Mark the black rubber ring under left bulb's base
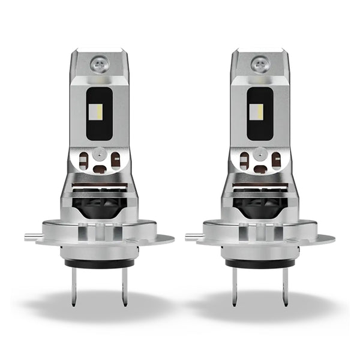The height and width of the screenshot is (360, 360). (x=99, y=263)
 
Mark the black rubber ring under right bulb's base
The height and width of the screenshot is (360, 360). (x=260, y=263)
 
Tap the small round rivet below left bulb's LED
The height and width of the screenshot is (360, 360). (x=99, y=154)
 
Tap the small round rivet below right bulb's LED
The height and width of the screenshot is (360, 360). (x=261, y=154)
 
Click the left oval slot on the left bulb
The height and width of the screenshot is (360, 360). (x=84, y=160)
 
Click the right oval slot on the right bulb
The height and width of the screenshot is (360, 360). (x=276, y=160)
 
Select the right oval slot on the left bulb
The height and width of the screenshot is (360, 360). (x=114, y=160)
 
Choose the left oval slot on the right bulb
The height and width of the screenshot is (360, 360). (x=245, y=160)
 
